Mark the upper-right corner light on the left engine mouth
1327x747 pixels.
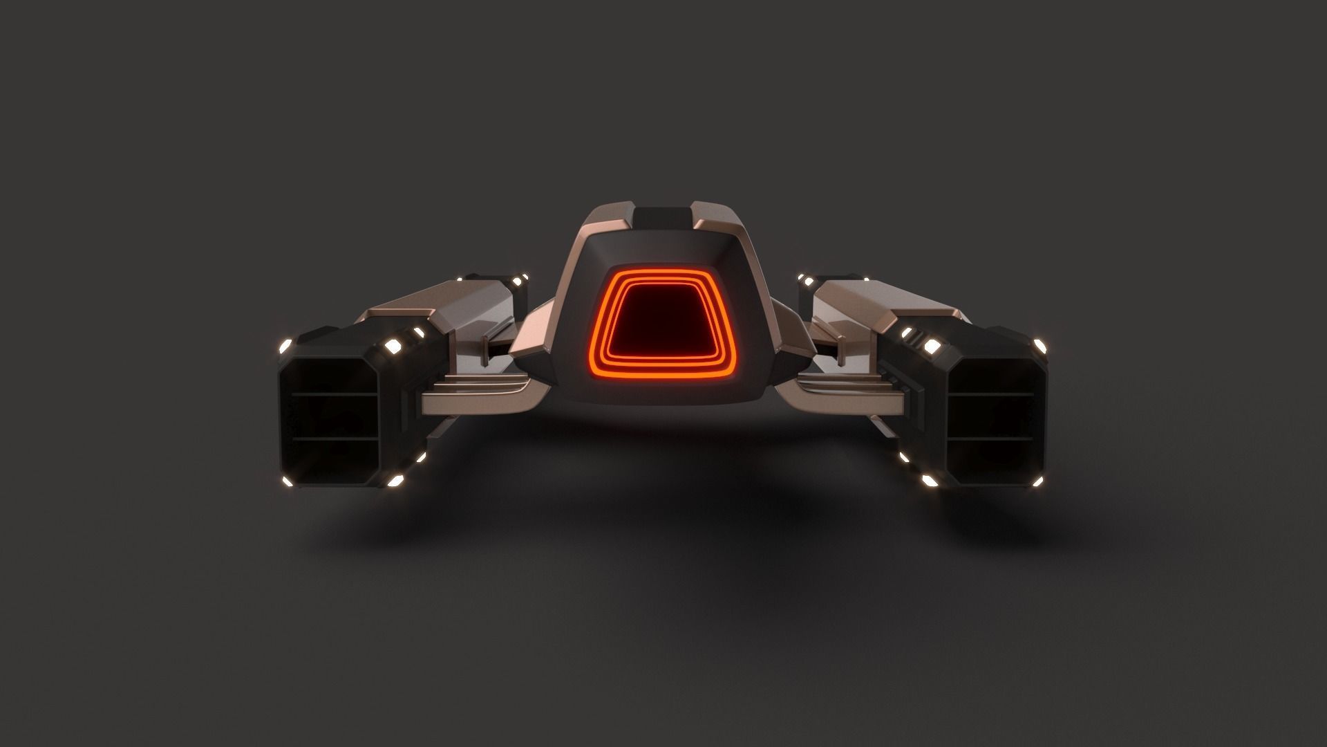coord(396,345)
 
